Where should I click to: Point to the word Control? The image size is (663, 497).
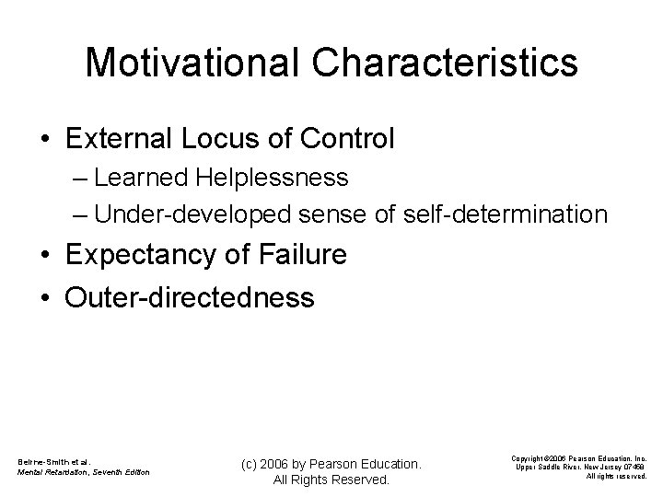(349, 139)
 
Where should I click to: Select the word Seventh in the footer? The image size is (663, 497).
(114, 473)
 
